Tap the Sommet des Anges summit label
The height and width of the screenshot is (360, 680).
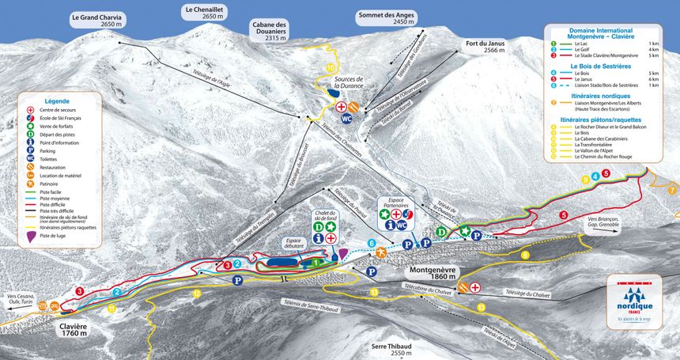tap(386, 18)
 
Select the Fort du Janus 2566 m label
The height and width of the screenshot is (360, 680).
tap(485, 46)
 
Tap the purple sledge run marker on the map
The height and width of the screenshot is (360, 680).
tap(342, 253)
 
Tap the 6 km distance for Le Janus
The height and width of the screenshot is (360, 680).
tap(653, 79)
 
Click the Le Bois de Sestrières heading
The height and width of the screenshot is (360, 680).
tap(604, 64)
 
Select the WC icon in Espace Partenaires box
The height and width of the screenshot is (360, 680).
tap(402, 225)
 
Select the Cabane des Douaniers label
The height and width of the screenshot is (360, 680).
tap(270, 31)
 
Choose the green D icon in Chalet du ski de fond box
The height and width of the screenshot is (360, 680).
tap(318, 225)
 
